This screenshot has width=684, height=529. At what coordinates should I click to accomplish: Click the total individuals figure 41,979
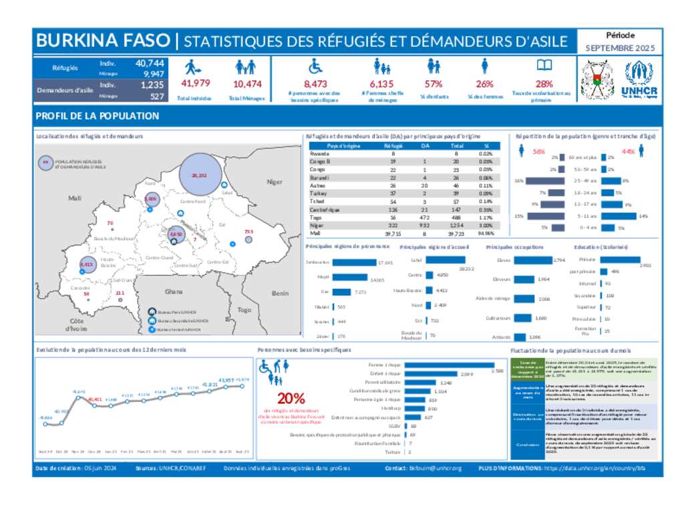pyautogui.click(x=196, y=84)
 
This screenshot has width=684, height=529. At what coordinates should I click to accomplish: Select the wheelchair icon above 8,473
pyautogui.click(x=314, y=66)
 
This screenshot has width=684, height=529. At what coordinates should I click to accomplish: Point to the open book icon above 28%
pyautogui.click(x=544, y=66)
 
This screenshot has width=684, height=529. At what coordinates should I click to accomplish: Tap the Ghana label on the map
pyautogui.click(x=174, y=292)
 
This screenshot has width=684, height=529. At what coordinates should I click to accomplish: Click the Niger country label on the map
pyautogui.click(x=275, y=182)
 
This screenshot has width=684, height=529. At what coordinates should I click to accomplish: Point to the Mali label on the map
pyautogui.click(x=73, y=199)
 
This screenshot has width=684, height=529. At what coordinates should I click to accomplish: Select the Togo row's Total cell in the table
pyautogui.click(x=457, y=217)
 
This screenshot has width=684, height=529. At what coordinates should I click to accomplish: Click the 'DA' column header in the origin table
pyautogui.click(x=425, y=145)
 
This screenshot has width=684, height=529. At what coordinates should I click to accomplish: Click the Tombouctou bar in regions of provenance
pyautogui.click(x=354, y=263)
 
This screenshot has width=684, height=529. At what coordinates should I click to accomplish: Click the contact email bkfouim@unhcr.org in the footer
pyautogui.click(x=436, y=468)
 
